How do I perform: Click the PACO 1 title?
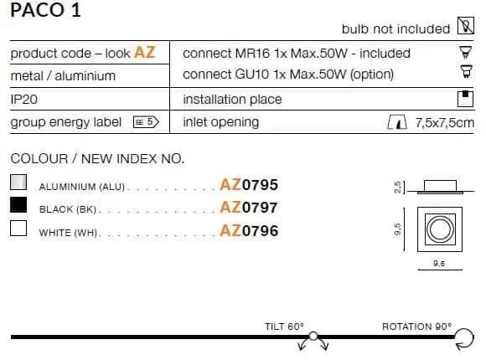45,9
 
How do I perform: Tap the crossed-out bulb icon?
466,25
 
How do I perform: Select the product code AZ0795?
249,185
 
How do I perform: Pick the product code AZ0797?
249,208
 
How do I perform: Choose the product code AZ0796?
249,230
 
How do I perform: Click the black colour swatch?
18,205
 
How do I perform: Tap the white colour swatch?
18,228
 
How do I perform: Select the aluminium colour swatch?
18,182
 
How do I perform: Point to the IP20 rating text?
23,100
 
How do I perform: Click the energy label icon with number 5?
146,121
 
